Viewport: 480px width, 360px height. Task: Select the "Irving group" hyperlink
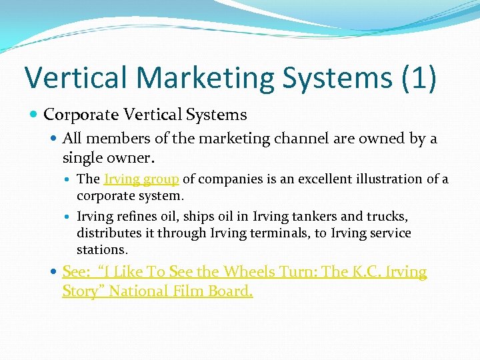[141, 179]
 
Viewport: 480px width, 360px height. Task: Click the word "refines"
[137, 217]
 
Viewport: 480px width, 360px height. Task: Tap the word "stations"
[102, 250]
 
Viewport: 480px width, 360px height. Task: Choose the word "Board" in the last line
[233, 291]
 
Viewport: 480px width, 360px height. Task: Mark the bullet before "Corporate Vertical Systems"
[35, 115]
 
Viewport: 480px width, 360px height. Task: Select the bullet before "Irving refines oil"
[69, 217]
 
